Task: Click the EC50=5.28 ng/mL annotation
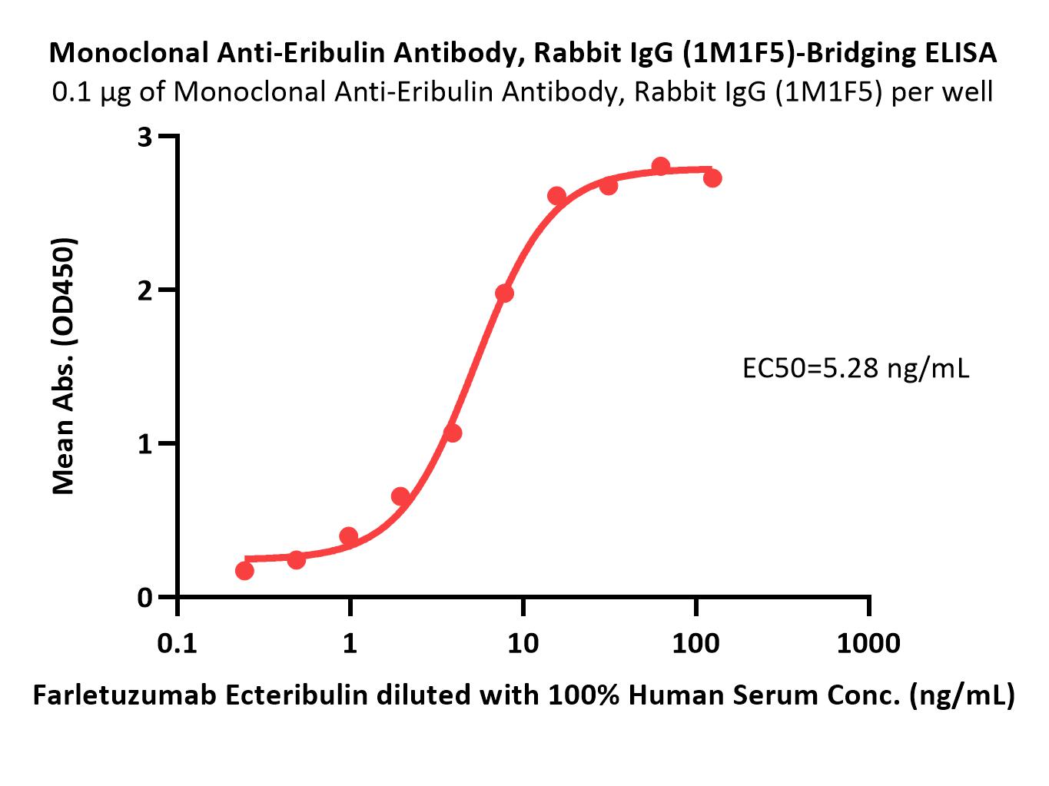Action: [855, 369]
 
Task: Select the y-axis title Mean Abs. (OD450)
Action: [64, 366]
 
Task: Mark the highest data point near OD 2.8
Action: [661, 166]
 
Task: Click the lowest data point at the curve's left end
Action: [244, 571]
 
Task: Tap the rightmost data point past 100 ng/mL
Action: [712, 178]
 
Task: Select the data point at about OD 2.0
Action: [504, 293]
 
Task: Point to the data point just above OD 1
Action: [453, 433]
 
